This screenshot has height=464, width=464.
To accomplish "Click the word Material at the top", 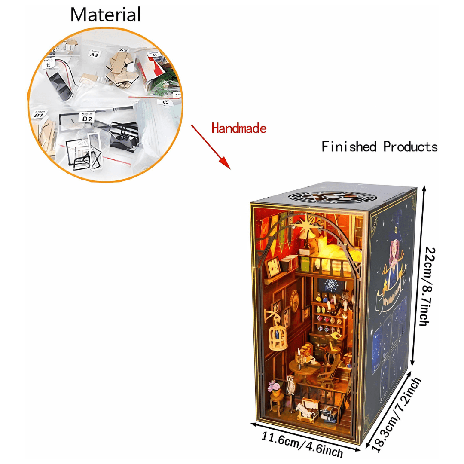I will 105,15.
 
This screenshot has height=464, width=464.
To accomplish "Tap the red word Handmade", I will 239,128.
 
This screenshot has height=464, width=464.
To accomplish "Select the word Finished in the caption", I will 349,147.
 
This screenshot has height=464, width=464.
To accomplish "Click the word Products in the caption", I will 410,147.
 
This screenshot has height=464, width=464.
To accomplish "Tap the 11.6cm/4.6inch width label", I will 302,445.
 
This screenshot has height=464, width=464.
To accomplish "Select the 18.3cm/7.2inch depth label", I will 397,414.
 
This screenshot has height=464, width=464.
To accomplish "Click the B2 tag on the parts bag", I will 87,117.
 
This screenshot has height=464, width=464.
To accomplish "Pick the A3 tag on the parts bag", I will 95,54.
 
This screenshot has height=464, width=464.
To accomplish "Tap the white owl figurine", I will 291,385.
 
